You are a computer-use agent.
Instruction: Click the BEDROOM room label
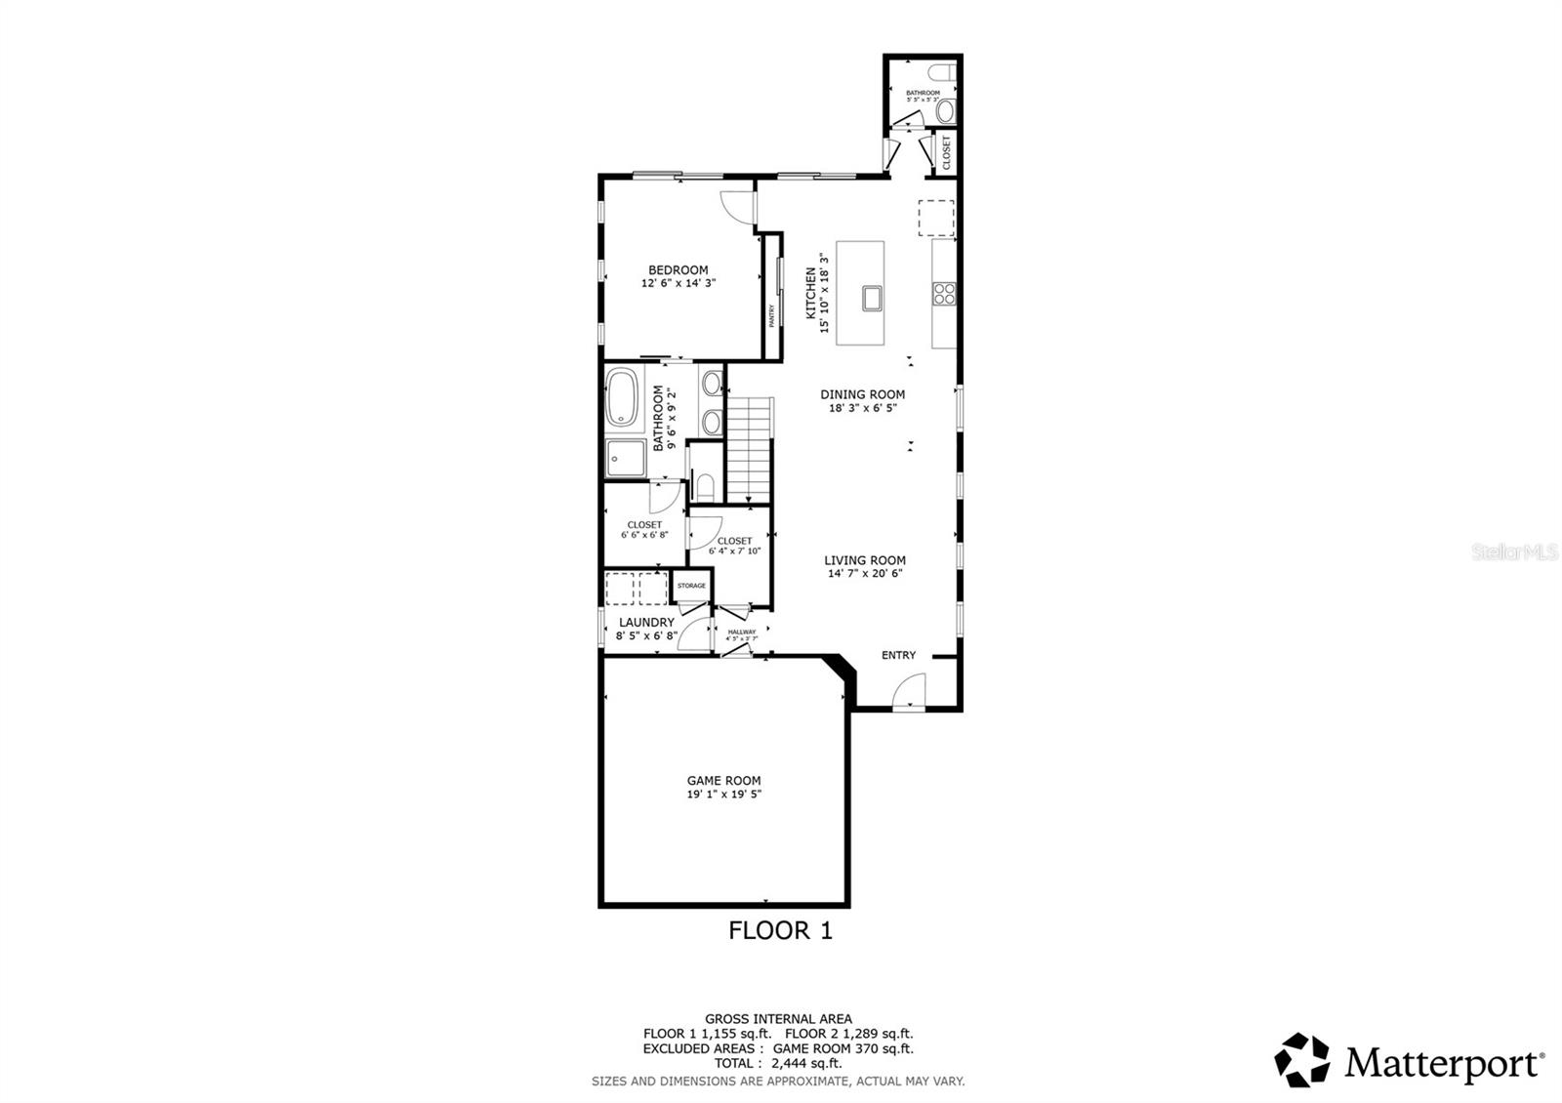(x=678, y=270)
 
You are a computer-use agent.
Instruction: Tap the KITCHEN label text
(x=809, y=293)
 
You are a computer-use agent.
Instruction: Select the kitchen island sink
(x=872, y=298)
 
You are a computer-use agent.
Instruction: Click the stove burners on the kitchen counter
(x=943, y=293)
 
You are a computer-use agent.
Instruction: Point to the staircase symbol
(x=751, y=449)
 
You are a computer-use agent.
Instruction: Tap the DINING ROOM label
(x=862, y=394)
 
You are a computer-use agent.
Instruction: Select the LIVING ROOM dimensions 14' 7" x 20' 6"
(x=865, y=574)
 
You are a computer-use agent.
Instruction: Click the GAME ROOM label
(x=723, y=780)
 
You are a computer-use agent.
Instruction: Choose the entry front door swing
(x=908, y=694)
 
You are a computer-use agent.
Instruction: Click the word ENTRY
(x=898, y=655)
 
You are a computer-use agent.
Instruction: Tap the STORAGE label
(x=691, y=586)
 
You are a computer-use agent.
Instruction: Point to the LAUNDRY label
(x=646, y=622)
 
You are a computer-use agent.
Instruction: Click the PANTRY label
(x=771, y=315)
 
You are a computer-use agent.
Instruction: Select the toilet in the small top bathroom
(x=943, y=112)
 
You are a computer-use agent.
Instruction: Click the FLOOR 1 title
(x=780, y=930)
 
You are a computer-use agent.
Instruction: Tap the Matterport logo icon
(x=1302, y=1059)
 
